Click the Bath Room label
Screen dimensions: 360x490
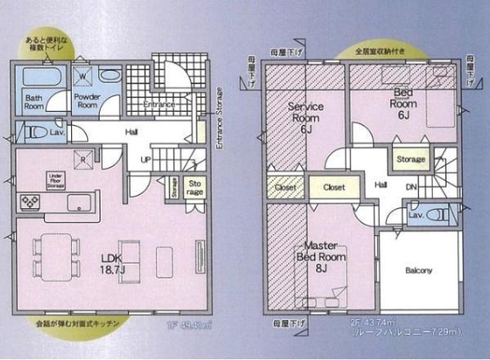(x=33, y=100)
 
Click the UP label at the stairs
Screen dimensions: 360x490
(x=145, y=159)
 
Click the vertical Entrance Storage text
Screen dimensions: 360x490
(x=219, y=119)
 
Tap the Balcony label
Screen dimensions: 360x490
(x=418, y=270)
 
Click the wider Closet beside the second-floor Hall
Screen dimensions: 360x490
(x=333, y=187)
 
